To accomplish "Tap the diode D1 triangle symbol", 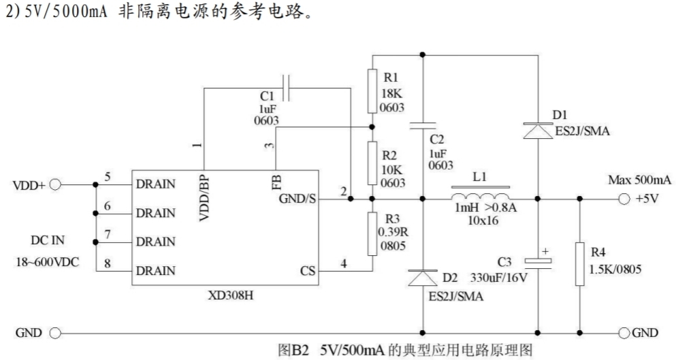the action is pyautogui.click(x=538, y=131).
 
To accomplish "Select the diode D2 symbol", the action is pyautogui.click(x=423, y=278).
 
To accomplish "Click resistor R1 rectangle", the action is pyautogui.click(x=372, y=91).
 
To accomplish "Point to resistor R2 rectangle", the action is pyautogui.click(x=372, y=163).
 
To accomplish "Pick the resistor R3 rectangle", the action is pyautogui.click(x=372, y=233).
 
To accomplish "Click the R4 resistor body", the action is pyautogui.click(x=580, y=264).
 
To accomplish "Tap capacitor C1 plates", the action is pyautogui.click(x=285, y=88).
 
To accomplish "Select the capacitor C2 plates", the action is pyautogui.click(x=423, y=125).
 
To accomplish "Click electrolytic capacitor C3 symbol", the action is pyautogui.click(x=538, y=261).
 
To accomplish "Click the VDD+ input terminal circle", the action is pyautogui.click(x=55, y=185).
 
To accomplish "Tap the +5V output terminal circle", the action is pyautogui.click(x=624, y=199).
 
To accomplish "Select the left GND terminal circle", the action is pyautogui.click(x=55, y=333).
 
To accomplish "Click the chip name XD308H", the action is pyautogui.click(x=231, y=296).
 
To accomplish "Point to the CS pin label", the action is pyautogui.click(x=308, y=271).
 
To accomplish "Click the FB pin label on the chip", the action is pyautogui.click(x=276, y=182).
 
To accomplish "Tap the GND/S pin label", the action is pyautogui.click(x=297, y=199).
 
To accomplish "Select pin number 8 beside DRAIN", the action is pyautogui.click(x=108, y=263).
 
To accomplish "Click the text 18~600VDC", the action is pyautogui.click(x=48, y=262).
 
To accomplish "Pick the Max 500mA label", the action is pyautogui.click(x=639, y=180).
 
